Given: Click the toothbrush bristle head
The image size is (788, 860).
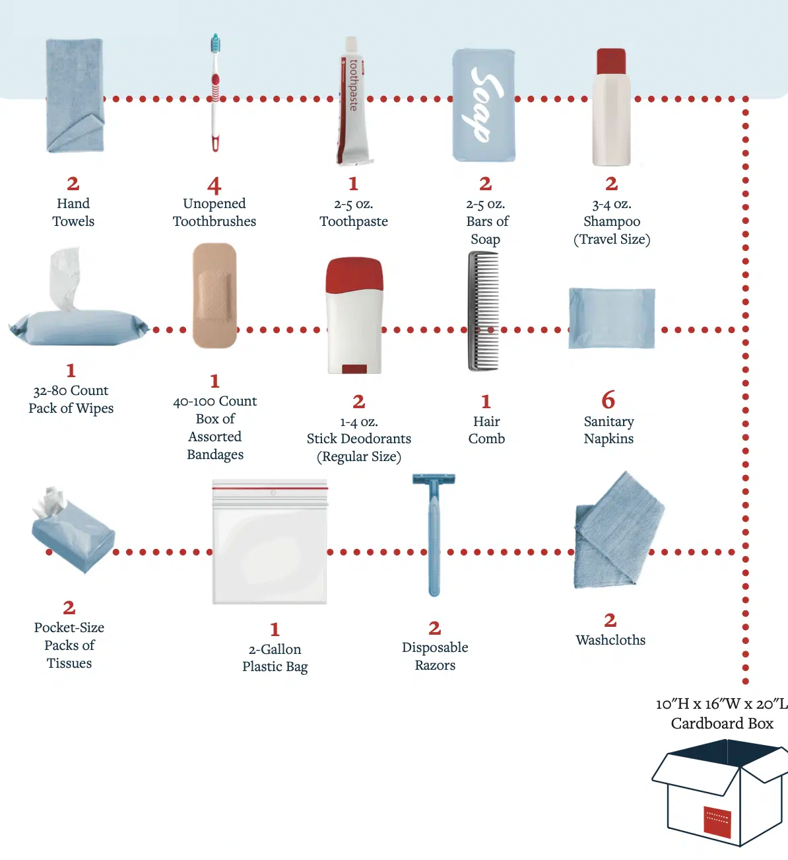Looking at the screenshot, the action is (215, 44).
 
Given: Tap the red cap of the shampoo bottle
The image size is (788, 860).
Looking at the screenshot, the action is (611, 61).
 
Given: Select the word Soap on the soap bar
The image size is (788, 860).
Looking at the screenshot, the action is (485, 104).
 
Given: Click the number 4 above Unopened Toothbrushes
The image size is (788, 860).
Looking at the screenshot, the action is (214, 186).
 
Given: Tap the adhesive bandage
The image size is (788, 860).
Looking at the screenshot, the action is (214, 295).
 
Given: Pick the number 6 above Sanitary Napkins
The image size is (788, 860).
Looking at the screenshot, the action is (608, 400).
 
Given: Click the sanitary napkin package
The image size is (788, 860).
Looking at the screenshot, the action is (612, 318).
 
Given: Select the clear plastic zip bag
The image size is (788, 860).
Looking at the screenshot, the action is (270, 544).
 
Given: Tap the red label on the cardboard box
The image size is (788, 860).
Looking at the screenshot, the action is (717, 821).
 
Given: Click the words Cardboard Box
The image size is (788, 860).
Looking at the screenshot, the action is (722, 724).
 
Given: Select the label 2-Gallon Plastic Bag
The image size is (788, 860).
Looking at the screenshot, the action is (275, 658).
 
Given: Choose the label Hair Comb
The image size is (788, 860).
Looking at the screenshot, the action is (486, 430).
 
